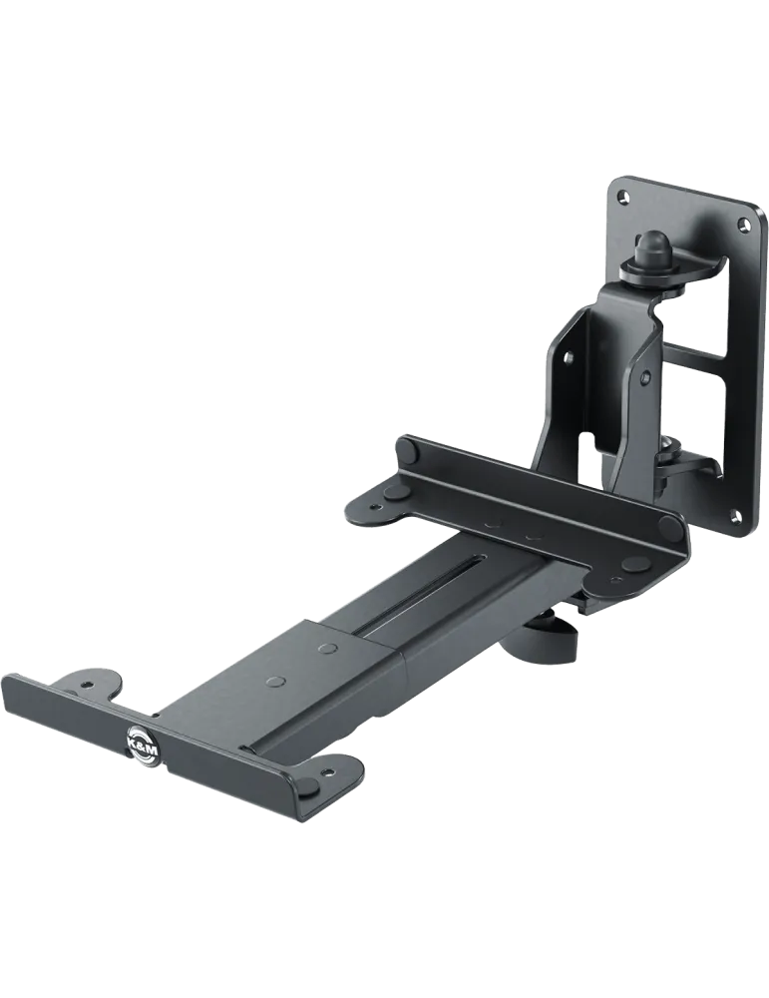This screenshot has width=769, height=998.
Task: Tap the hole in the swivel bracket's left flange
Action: [568, 355]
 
